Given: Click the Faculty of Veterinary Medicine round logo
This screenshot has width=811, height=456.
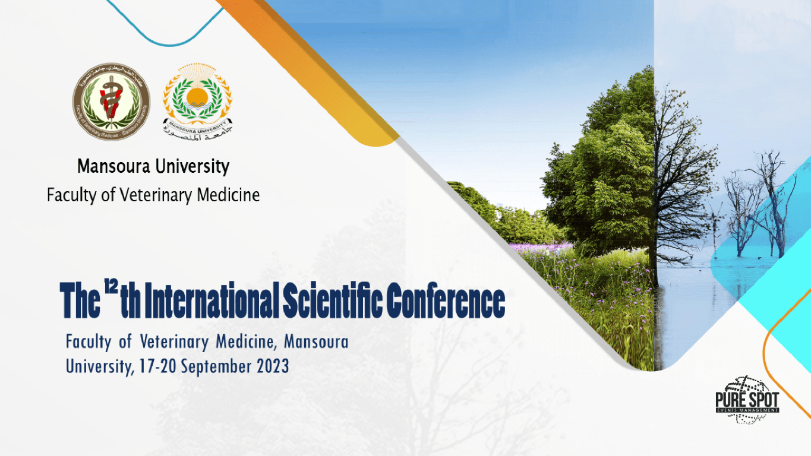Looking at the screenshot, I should [x=111, y=102].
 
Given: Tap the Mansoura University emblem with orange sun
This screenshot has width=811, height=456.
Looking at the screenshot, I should [x=197, y=95].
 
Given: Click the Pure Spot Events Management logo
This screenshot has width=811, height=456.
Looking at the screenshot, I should [x=747, y=400].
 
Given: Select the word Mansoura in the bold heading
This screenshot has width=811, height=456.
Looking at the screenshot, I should [x=113, y=166].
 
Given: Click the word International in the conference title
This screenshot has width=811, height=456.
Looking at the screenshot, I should [x=212, y=301].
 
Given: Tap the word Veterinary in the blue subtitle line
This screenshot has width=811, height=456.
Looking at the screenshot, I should [x=175, y=342].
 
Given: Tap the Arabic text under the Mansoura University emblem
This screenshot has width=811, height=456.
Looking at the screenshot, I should [x=198, y=136].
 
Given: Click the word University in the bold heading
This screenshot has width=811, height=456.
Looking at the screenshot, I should [x=192, y=166].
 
